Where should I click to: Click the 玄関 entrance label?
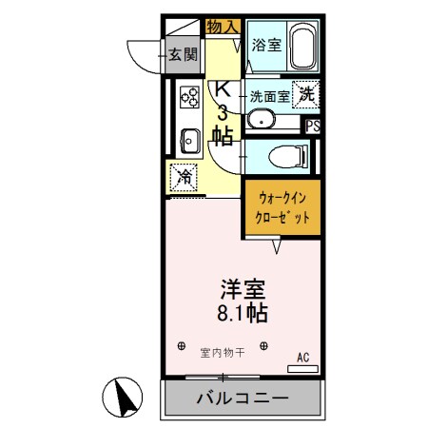pyautogui.click(x=183, y=54)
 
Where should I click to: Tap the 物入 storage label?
pyautogui.click(x=223, y=27)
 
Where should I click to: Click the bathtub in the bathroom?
pyautogui.click(x=302, y=48)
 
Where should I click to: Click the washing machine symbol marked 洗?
pyautogui.click(x=306, y=93)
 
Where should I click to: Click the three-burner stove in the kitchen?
pyautogui.click(x=188, y=96)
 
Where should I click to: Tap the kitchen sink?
pyautogui.click(x=188, y=141)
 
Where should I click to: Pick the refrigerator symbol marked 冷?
pyautogui.click(x=185, y=176)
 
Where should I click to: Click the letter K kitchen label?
pyautogui.click(x=223, y=89)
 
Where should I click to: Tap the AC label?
pyautogui.click(x=303, y=357)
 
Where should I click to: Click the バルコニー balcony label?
pyautogui.click(x=241, y=397)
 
